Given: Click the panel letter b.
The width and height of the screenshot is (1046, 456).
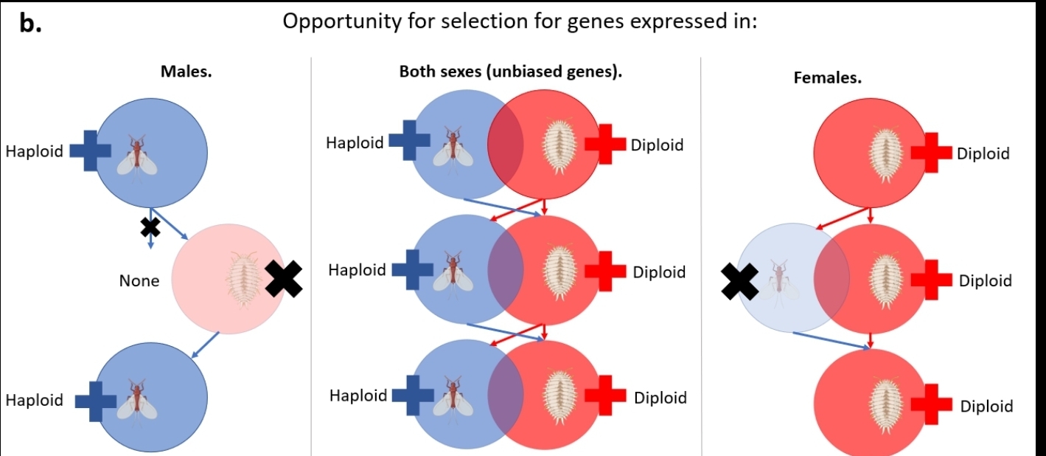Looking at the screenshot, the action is click(x=30, y=23).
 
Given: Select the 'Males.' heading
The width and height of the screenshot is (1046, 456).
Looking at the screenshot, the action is click(x=186, y=72).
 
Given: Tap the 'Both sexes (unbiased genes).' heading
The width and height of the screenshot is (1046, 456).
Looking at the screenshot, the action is click(x=510, y=72).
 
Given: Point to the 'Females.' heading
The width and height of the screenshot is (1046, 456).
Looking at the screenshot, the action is click(x=828, y=77).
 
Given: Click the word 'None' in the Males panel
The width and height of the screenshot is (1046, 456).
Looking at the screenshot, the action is click(x=139, y=281).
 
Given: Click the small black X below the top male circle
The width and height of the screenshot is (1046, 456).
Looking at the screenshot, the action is click(x=150, y=227).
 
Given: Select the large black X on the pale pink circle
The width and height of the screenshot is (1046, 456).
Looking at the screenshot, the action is click(x=284, y=279).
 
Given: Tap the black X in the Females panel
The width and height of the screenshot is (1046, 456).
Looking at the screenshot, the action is click(x=739, y=281).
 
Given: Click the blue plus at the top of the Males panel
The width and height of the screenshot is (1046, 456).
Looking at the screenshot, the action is click(x=90, y=151).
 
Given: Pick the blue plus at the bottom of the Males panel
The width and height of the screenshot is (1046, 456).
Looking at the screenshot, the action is click(x=96, y=401).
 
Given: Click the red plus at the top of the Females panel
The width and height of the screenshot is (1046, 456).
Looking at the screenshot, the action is click(x=931, y=152).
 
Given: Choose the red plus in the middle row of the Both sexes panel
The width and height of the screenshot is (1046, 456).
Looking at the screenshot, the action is click(x=605, y=271).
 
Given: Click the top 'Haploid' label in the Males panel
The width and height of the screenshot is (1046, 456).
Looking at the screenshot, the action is click(x=34, y=151).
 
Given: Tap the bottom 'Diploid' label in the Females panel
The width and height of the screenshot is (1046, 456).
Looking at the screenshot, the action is click(x=987, y=406).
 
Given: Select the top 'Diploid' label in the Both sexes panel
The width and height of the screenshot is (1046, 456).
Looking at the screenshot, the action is click(x=657, y=145).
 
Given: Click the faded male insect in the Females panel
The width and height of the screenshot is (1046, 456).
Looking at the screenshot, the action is click(x=778, y=284).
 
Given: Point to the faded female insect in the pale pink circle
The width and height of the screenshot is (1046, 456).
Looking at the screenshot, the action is click(x=243, y=280).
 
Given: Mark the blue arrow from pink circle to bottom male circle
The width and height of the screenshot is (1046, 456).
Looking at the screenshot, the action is click(x=206, y=345).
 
